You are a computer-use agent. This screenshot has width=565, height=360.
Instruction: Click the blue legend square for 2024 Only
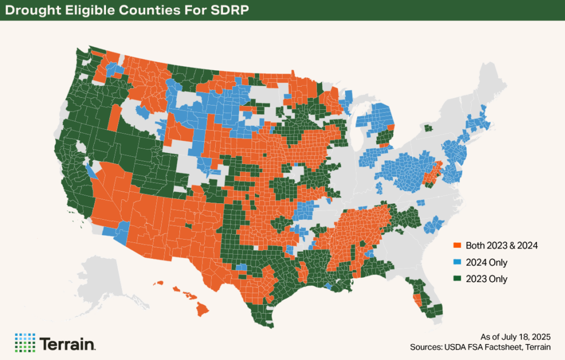(x=456, y=262)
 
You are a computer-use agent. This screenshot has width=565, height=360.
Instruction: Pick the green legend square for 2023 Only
(x=456, y=279)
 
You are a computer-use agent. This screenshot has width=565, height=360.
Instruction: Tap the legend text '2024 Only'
(x=487, y=262)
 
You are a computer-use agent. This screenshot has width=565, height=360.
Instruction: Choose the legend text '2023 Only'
(x=487, y=279)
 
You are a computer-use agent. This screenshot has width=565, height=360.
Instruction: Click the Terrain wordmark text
(x=67, y=343)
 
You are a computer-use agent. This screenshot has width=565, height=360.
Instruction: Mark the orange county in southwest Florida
(x=417, y=300)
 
